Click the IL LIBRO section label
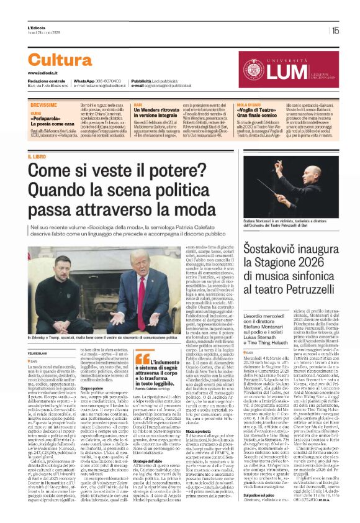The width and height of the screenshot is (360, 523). tap(37, 158)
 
